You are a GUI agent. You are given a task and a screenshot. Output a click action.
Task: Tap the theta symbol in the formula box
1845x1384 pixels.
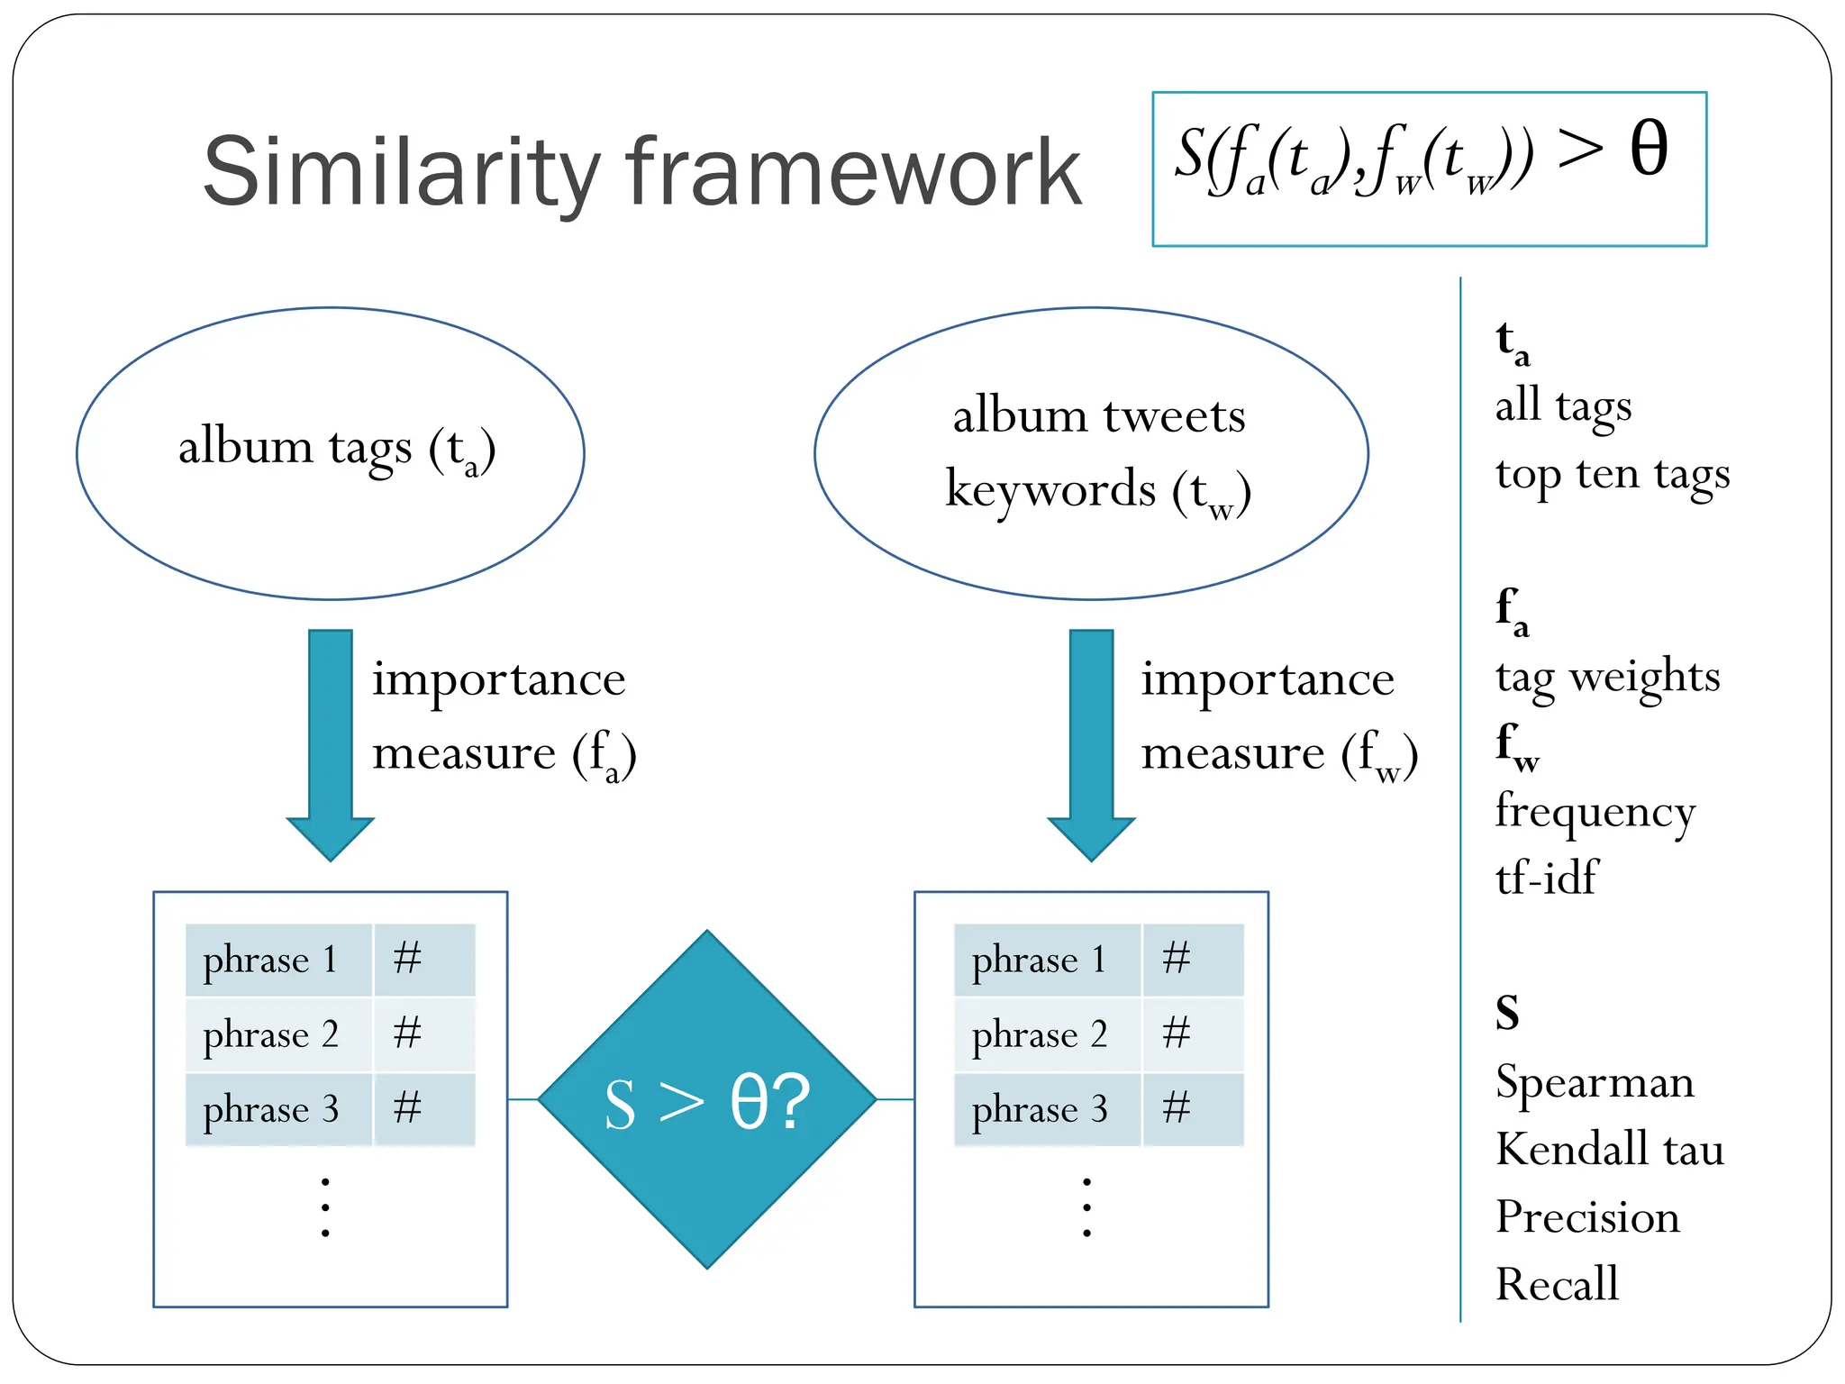1649,149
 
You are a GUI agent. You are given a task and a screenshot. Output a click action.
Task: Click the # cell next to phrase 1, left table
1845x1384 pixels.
423,959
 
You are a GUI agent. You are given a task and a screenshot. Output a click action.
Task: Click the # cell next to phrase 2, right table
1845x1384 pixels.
1193,1034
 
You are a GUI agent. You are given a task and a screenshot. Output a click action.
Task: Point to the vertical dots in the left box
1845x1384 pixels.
325,1207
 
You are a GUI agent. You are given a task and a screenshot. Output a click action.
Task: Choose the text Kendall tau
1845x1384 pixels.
1610,1150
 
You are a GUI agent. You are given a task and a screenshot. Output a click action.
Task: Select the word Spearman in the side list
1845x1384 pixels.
1595,1082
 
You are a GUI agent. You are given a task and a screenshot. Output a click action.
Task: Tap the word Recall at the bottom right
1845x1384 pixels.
1557,1284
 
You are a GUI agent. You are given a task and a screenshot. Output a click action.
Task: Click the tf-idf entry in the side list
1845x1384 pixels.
1546,878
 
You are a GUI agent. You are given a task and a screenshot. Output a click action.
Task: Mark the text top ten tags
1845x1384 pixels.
1613,474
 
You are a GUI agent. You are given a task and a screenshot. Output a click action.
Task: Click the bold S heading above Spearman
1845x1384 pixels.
1507,1013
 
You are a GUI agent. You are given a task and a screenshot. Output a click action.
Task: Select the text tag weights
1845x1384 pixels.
1608,677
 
